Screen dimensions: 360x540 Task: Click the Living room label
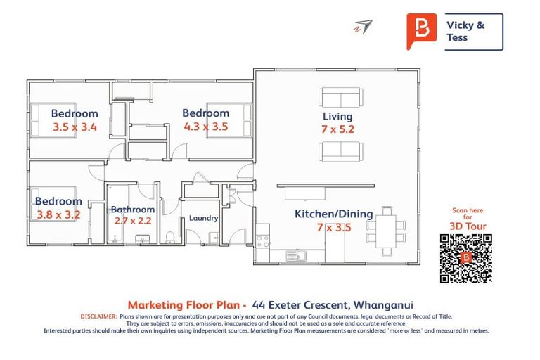pos(337,116)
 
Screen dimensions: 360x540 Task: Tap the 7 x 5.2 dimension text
pos(337,129)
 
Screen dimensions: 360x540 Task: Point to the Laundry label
pos(203,218)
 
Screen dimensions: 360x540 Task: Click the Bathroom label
pos(132,209)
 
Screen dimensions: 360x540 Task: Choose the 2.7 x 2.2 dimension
pos(132,220)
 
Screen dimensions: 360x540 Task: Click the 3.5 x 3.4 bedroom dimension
pos(75,127)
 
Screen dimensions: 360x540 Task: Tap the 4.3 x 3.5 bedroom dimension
pos(205,127)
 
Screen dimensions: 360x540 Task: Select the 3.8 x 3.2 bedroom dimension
pos(58,215)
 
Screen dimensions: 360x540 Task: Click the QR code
pos(465,258)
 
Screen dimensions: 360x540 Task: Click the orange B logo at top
pos(421,30)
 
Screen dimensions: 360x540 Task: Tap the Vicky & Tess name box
pos(473,31)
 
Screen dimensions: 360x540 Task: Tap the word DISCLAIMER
pos(99,317)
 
